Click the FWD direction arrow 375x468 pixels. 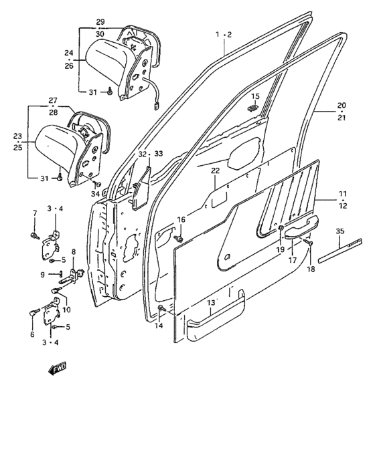click(58, 368)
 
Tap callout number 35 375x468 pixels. click(340, 231)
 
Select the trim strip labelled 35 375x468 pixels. click(340, 251)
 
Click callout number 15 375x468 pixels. click(255, 96)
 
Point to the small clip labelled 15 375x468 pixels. click(253, 108)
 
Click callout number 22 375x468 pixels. click(216, 170)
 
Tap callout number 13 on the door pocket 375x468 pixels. click(211, 303)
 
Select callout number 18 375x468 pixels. click(311, 269)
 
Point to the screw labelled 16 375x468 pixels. click(179, 239)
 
